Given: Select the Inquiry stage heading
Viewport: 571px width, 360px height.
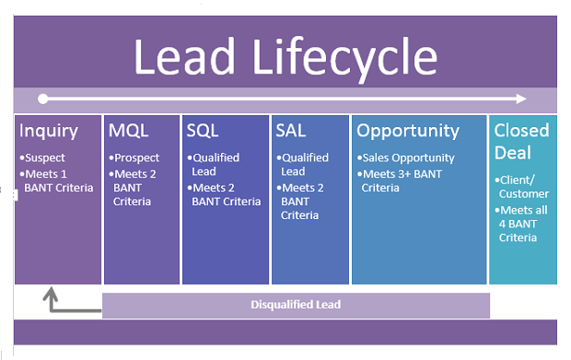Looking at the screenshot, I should click(49, 131).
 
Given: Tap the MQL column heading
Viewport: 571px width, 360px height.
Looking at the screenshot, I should click(127, 131).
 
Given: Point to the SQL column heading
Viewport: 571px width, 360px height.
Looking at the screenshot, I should click(203, 131).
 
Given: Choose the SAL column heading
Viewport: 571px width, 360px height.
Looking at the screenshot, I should click(291, 131).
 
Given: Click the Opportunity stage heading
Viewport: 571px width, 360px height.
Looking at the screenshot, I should click(408, 131).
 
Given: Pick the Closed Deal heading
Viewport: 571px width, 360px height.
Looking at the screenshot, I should click(521, 140).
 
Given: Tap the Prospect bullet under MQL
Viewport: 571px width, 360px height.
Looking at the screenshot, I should click(136, 157).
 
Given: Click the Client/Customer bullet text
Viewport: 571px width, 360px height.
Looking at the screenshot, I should click(523, 186).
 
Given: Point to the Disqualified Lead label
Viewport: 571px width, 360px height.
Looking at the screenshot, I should click(296, 305).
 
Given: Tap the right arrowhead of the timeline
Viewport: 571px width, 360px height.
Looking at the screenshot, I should click(523, 98).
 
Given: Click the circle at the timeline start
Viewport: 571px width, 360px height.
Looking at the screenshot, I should click(41, 98).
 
